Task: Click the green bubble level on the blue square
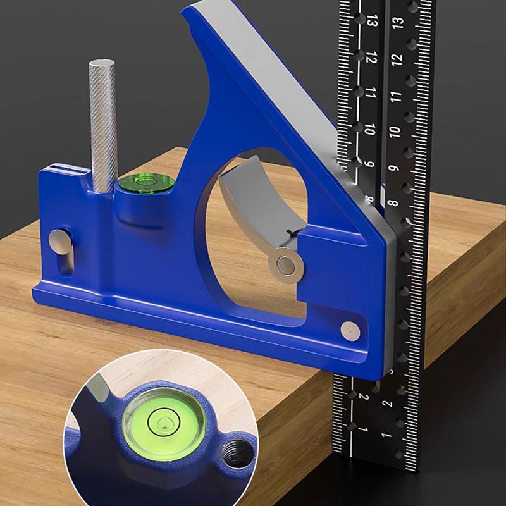point(145,184)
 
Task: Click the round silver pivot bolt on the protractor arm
point(284,264)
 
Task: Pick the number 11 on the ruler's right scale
point(396,97)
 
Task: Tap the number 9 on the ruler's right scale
point(393,169)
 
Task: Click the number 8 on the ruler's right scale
point(392,204)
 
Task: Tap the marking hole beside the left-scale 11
point(358,91)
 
